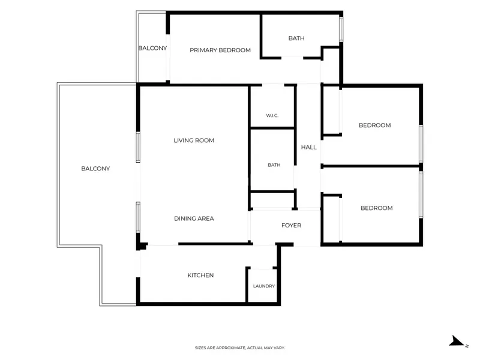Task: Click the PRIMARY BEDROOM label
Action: (x=220, y=50)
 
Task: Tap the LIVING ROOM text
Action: (x=194, y=140)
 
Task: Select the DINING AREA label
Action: (x=194, y=218)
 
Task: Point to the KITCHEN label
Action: (x=200, y=275)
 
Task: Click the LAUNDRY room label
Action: (x=264, y=286)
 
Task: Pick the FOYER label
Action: (x=291, y=226)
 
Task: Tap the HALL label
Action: (x=308, y=147)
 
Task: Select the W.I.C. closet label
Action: (x=272, y=115)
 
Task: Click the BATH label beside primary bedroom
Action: (x=296, y=38)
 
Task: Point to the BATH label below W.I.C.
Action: (x=274, y=165)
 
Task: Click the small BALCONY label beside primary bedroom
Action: (x=152, y=48)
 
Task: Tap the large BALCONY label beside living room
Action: (x=95, y=169)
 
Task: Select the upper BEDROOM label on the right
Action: (x=374, y=125)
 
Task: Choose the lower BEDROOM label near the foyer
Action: (x=377, y=208)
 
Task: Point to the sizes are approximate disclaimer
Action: (x=239, y=348)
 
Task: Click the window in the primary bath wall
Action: (x=341, y=29)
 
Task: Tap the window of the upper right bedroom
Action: (x=421, y=143)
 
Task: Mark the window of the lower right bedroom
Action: (x=421, y=194)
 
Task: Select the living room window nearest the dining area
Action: (x=138, y=217)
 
